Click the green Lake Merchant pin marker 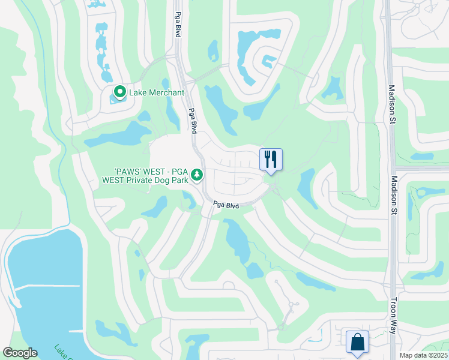(x=119, y=92)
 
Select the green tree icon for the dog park (x=197, y=175)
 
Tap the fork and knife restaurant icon (x=270, y=159)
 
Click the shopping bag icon (x=357, y=342)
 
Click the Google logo (x=20, y=353)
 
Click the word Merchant (x=161, y=92)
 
